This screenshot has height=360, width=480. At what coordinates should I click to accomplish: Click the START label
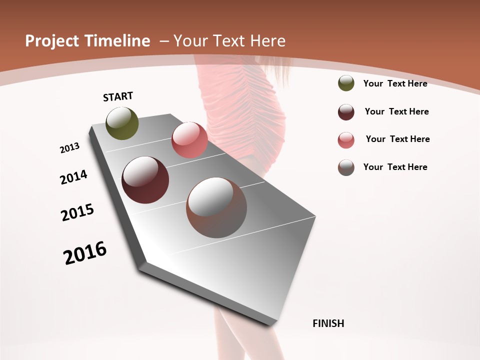(118, 96)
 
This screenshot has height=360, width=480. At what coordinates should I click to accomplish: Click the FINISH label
(328, 323)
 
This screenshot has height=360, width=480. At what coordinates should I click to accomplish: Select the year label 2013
(69, 148)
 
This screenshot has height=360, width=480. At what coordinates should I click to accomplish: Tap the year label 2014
(73, 177)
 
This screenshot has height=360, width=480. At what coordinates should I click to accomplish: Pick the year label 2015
(77, 212)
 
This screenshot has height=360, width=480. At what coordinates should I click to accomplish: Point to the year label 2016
(85, 253)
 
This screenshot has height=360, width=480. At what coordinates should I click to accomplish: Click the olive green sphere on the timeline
(122, 123)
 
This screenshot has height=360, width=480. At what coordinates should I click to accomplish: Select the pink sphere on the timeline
(189, 140)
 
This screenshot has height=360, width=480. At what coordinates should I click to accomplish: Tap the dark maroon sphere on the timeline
(145, 180)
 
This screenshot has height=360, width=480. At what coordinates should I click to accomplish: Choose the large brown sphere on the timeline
(216, 207)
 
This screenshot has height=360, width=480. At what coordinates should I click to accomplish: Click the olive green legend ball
(346, 83)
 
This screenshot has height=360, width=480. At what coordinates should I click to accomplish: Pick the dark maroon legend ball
(346, 112)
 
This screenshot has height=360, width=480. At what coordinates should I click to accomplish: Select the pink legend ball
(346, 140)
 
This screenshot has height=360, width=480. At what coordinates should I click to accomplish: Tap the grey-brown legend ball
(346, 167)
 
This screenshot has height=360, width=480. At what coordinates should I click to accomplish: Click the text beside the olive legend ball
(395, 83)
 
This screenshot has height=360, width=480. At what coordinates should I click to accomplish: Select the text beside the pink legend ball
(397, 139)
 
